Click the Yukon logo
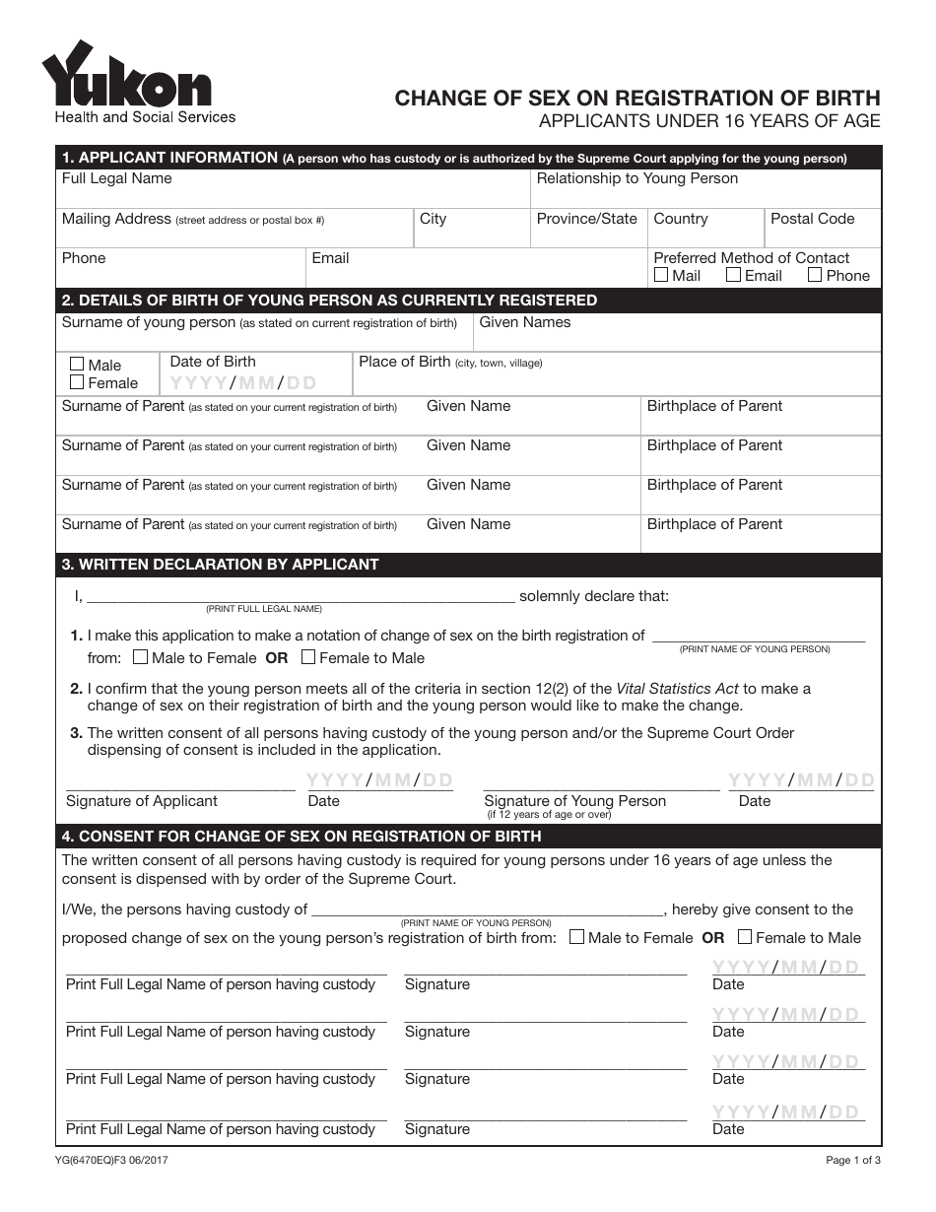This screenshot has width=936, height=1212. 126,77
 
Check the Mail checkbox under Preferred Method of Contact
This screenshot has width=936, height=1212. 661,275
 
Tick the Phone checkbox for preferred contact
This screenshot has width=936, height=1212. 815,275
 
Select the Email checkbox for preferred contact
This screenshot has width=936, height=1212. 733,275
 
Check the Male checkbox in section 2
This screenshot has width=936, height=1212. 77,365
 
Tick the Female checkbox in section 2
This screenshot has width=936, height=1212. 77,382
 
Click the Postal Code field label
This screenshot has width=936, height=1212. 812,219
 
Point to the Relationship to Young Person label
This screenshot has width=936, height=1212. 636,178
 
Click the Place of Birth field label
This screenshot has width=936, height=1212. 404,362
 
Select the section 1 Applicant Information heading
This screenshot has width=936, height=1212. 169,158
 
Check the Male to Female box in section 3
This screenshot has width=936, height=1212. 140,657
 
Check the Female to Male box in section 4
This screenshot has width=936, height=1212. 745,937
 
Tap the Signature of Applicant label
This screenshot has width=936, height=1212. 141,801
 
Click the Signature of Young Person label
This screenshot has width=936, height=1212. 574,801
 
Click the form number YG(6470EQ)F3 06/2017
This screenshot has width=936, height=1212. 113,1161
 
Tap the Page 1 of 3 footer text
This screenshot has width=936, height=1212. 853,1161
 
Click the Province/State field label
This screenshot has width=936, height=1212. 586,219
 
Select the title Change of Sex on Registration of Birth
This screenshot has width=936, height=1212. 637,98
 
